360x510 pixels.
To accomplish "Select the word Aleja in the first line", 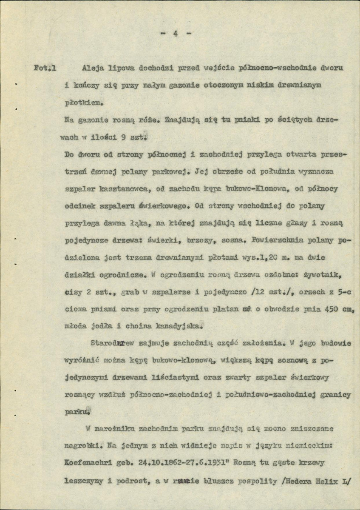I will [x=94, y=68].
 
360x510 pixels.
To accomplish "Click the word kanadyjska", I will [x=176, y=327].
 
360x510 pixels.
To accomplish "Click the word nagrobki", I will [x=81, y=447].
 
